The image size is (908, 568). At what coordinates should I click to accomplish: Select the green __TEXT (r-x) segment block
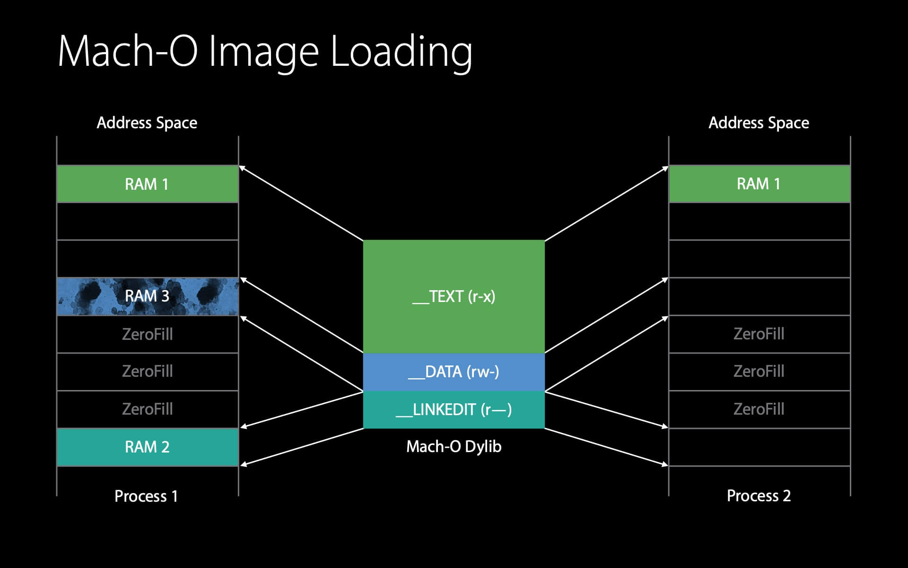click(454, 296)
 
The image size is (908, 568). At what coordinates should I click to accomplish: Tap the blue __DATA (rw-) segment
click(454, 372)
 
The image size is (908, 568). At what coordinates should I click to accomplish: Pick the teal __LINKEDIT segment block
click(454, 409)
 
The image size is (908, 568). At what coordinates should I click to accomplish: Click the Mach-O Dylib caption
click(454, 446)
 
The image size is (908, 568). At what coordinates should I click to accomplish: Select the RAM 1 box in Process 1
click(147, 184)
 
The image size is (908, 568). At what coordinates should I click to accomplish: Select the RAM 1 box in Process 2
click(759, 184)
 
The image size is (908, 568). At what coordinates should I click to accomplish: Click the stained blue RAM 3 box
click(147, 296)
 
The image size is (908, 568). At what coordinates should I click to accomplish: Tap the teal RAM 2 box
click(147, 447)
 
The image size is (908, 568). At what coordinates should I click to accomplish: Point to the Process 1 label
click(146, 496)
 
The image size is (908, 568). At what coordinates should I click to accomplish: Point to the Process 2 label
click(759, 496)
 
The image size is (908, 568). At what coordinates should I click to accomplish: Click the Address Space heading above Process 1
click(147, 123)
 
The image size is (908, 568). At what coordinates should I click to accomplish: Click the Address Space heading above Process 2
click(759, 123)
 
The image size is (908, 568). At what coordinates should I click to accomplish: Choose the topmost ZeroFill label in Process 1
click(147, 334)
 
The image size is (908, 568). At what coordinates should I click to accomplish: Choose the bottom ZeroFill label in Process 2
click(759, 409)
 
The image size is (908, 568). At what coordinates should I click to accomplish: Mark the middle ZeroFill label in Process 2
click(759, 371)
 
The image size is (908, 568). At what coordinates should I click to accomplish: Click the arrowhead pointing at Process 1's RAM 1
click(242, 168)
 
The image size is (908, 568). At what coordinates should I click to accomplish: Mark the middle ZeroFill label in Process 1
click(147, 371)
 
